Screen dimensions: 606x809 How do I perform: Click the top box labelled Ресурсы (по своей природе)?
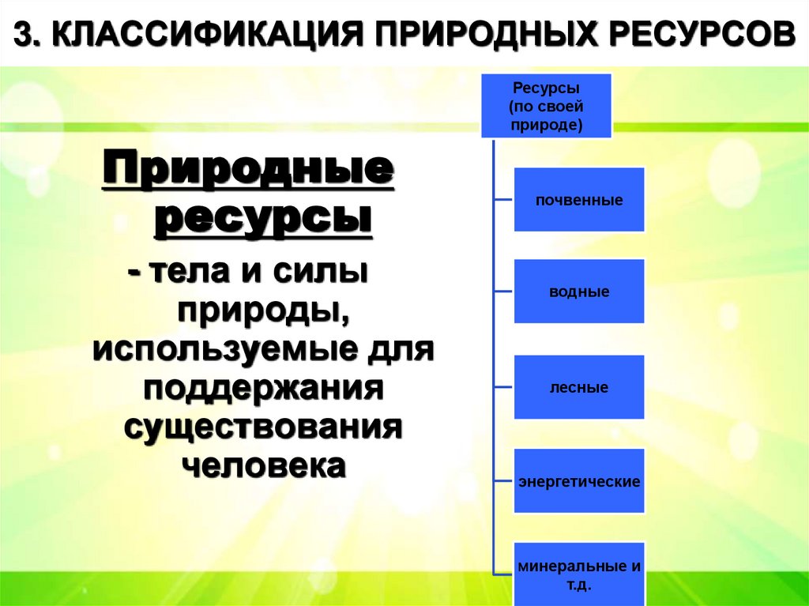tap(547, 105)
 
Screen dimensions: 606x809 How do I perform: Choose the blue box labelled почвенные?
tap(579, 200)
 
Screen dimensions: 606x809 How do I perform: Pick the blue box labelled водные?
tap(579, 292)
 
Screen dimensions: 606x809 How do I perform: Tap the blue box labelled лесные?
tap(579, 387)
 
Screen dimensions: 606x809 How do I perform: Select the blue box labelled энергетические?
tap(579, 481)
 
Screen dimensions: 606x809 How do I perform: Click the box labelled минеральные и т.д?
tap(579, 574)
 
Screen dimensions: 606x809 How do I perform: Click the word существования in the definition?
tap(263, 427)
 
